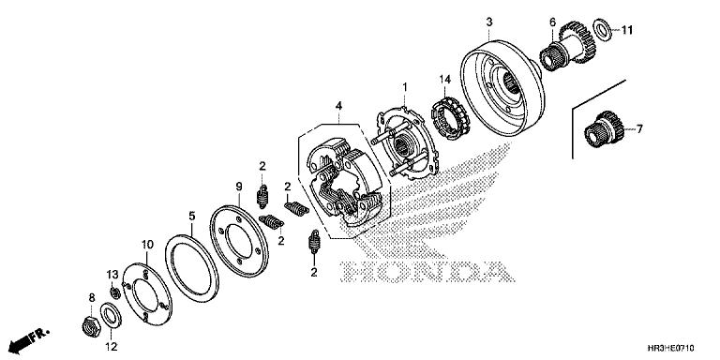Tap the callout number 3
point(488,20)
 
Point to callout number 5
point(192,215)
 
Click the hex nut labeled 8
point(92,327)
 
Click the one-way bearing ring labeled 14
point(449,122)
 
